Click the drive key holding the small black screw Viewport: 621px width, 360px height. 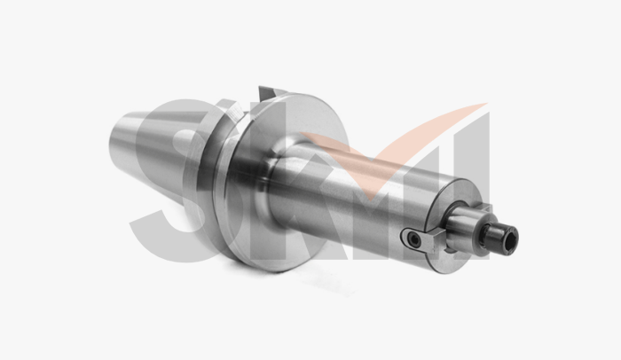(x=417, y=239)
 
